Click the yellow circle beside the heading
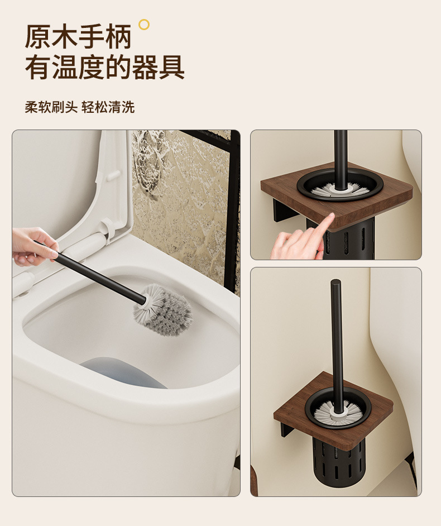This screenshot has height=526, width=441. pyautogui.click(x=144, y=24)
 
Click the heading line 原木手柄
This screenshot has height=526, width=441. pyautogui.click(x=78, y=37)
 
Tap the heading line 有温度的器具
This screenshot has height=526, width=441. pyautogui.click(x=104, y=68)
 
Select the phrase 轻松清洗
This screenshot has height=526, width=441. pyautogui.click(x=108, y=107)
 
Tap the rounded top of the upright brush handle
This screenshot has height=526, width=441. pyautogui.click(x=335, y=283)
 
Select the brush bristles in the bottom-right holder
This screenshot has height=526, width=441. pyautogui.click(x=337, y=412)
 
